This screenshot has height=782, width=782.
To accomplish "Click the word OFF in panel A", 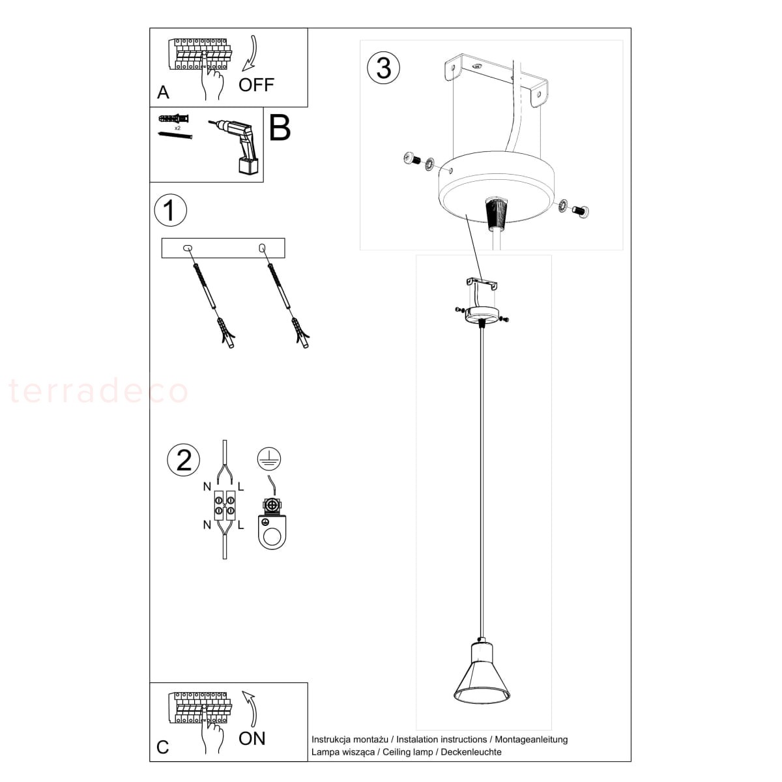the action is click(x=256, y=85).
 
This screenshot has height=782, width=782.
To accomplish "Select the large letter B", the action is click(x=280, y=128).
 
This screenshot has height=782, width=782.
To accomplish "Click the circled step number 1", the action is click(x=171, y=210).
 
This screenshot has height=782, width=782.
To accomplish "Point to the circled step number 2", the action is click(x=183, y=460).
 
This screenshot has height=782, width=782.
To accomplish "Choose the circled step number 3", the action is click(x=383, y=67).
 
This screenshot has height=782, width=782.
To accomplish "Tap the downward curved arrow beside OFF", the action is click(x=251, y=53).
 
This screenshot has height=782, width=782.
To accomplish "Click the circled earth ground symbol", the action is click(x=269, y=458).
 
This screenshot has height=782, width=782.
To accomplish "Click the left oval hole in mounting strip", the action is click(x=187, y=248).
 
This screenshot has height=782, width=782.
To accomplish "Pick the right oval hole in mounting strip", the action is click(x=262, y=248).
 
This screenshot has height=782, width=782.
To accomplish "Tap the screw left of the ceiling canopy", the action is click(x=412, y=158).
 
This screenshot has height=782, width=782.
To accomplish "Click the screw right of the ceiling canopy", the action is click(x=581, y=210).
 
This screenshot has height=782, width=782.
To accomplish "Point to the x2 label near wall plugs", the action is click(x=177, y=128).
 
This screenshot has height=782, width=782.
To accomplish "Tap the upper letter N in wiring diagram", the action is click(x=207, y=486).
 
